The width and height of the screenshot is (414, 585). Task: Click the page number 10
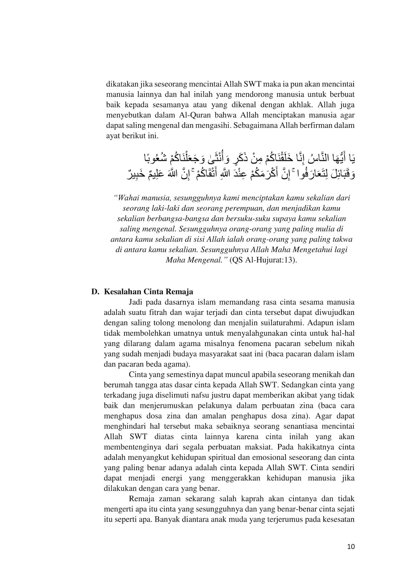click(350, 547)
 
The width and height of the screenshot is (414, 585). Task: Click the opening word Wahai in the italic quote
click(129, 199)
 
